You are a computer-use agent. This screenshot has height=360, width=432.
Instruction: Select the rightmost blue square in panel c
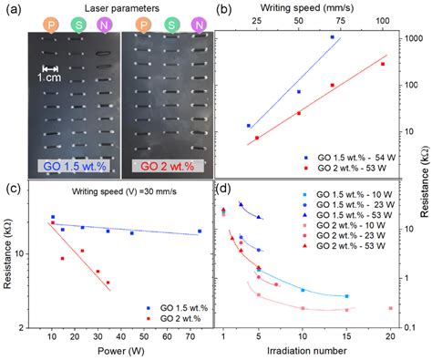(201, 231)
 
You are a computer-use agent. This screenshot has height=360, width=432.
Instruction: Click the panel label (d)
(223, 189)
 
